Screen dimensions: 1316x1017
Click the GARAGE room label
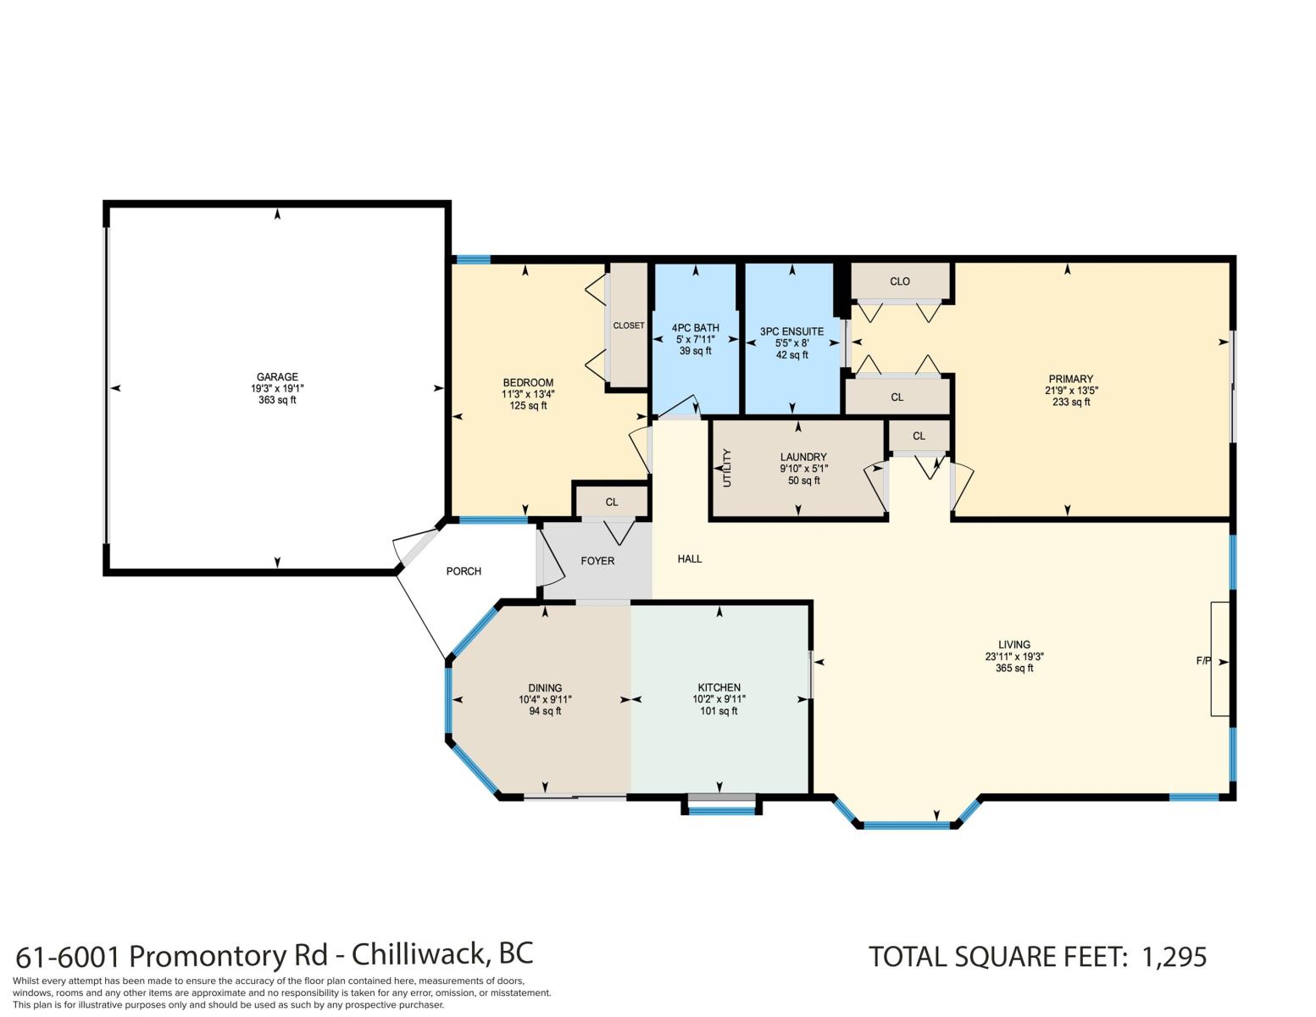tap(277, 377)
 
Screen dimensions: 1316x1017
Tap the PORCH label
tap(464, 571)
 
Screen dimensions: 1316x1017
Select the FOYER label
tap(597, 561)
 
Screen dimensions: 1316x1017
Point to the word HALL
tap(689, 559)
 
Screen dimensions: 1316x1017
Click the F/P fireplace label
tap(1202, 661)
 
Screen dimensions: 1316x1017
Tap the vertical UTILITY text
tap(727, 468)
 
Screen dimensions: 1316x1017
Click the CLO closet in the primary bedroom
tap(899, 281)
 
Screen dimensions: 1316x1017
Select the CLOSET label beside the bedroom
tap(629, 325)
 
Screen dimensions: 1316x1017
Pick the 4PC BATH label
tap(695, 328)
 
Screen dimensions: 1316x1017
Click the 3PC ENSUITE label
tap(791, 331)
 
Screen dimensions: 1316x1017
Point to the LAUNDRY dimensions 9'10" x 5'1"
tap(803, 468)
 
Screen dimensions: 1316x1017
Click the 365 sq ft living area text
tap(1014, 668)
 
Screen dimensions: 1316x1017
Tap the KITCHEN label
tap(719, 686)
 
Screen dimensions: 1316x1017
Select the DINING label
tap(545, 687)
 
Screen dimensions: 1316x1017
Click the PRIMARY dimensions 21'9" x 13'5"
tap(1071, 391)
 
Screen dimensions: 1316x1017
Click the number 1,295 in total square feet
tap(1174, 957)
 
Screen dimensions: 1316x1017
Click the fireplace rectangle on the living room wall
tap(1219, 659)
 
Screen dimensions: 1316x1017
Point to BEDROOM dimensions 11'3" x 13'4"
tap(528, 394)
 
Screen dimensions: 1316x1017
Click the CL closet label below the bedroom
tap(612, 502)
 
